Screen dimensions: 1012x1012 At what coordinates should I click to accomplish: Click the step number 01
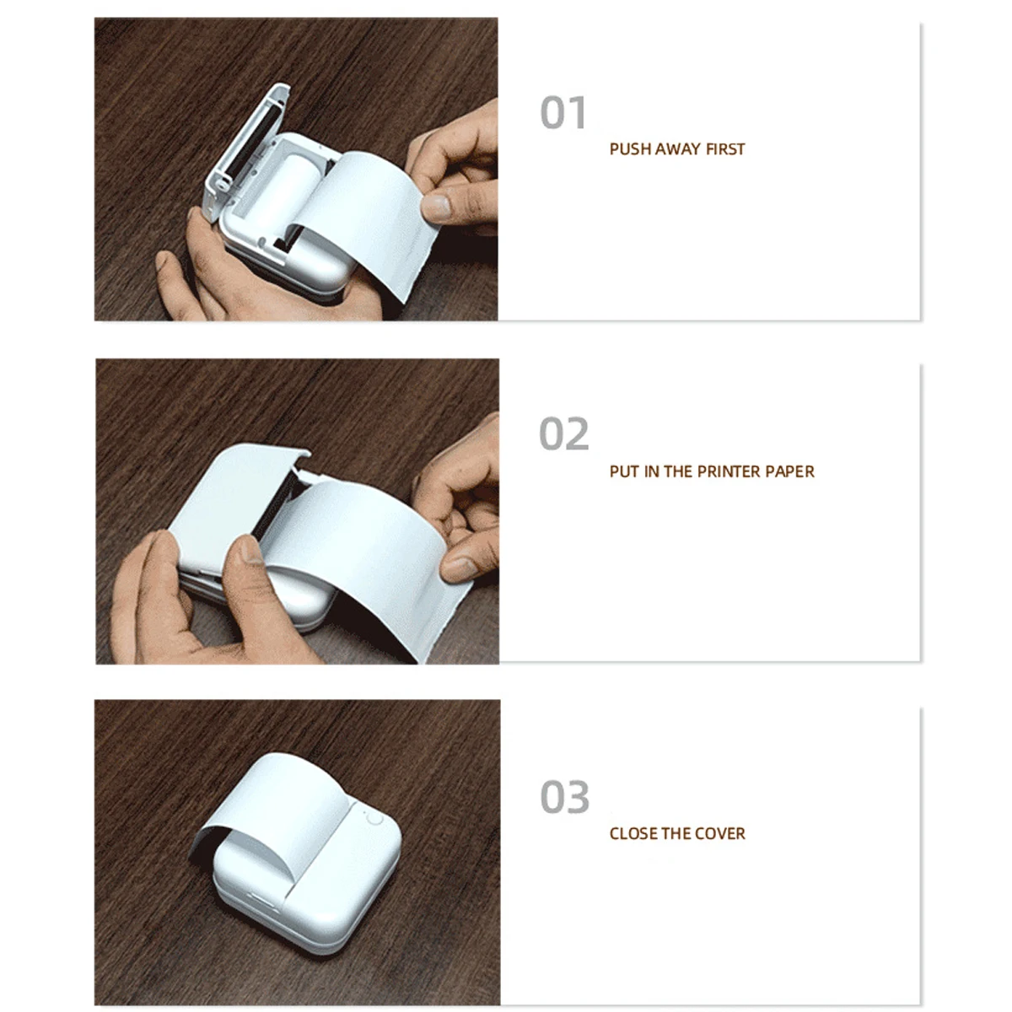pos(563,113)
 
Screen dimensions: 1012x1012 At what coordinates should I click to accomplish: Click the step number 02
pos(563,434)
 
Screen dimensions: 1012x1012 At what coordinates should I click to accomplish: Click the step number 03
pos(564,797)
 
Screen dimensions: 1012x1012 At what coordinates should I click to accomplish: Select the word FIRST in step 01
pos(725,149)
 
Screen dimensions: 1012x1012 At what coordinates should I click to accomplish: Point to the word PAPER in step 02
pos(790,471)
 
